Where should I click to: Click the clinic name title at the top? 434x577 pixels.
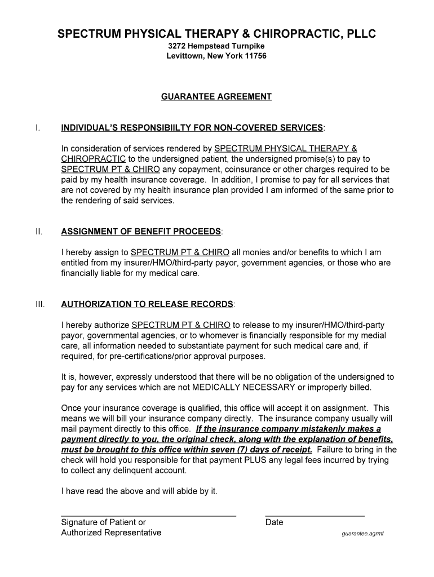click(x=216, y=34)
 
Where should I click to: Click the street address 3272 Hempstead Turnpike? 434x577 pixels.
click(x=216, y=46)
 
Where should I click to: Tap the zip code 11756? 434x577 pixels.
click(x=255, y=56)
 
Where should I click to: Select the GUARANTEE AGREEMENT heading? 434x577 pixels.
click(x=216, y=97)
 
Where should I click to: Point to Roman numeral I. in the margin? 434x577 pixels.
click(x=37, y=128)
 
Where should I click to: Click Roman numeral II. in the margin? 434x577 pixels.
click(x=38, y=232)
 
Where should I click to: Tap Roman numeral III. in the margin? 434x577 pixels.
click(x=39, y=304)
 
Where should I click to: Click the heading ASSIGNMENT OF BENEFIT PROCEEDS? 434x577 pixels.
click(x=141, y=232)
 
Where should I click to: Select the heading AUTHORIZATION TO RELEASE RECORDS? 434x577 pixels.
click(x=147, y=304)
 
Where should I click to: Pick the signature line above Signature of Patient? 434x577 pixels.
click(x=148, y=516)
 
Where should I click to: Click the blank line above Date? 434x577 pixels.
click(x=315, y=516)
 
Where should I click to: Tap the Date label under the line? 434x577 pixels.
click(x=274, y=522)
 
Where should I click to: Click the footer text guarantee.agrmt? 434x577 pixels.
click(x=362, y=534)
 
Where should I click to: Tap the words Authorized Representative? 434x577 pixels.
click(x=111, y=532)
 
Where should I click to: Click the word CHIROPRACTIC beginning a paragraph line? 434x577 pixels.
click(x=93, y=159)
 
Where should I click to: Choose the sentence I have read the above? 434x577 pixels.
click(x=139, y=491)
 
